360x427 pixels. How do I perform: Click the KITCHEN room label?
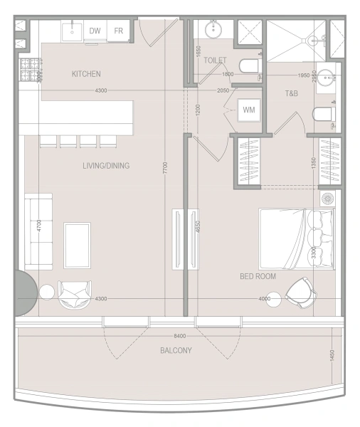tap(86, 74)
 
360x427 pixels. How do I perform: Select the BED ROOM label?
tap(258, 275)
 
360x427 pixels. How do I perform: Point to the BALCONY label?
tap(176, 350)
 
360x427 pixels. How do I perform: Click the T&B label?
tap(292, 94)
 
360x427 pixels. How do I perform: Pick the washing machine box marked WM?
tap(248, 110)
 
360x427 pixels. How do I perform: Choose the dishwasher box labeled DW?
tap(95, 31)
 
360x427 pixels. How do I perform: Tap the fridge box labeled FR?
tap(118, 31)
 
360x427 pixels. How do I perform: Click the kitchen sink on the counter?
tap(72, 31)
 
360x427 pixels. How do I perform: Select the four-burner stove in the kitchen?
tap(30, 69)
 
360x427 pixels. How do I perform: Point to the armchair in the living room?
tap(74, 292)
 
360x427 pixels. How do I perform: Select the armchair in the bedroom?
tap(302, 290)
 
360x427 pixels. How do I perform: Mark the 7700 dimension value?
tap(165, 169)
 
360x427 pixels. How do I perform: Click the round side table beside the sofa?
tap(47, 292)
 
